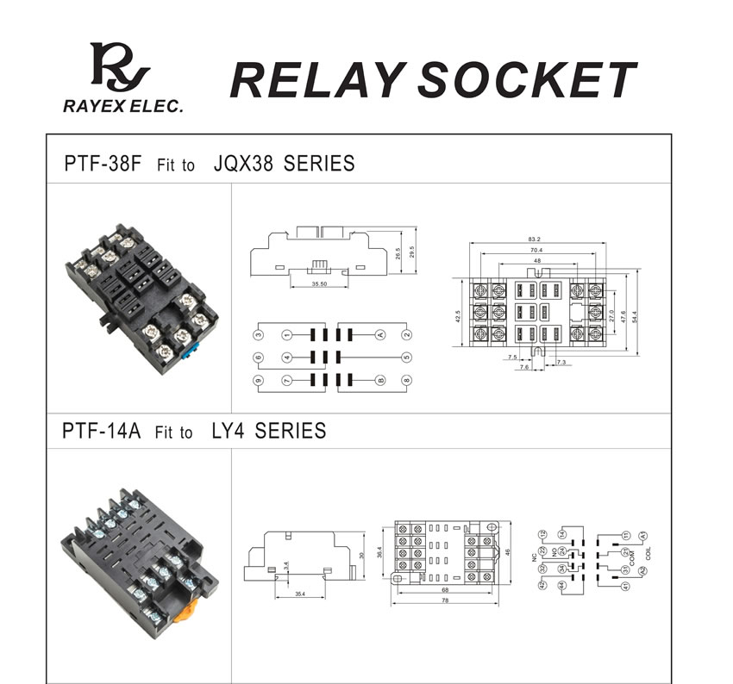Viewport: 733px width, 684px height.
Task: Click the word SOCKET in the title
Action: tap(529, 80)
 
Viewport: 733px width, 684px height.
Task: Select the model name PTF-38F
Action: tap(102, 164)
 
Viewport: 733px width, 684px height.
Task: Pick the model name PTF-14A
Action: tap(102, 430)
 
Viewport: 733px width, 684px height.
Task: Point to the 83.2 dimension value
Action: tap(536, 239)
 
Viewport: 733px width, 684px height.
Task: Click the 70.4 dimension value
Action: tap(536, 250)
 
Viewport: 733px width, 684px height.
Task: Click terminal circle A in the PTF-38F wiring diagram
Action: tap(380, 334)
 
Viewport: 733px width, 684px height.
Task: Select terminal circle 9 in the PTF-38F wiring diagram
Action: tap(258, 380)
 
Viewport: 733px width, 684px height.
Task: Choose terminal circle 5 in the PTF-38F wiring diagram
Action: tap(405, 357)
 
